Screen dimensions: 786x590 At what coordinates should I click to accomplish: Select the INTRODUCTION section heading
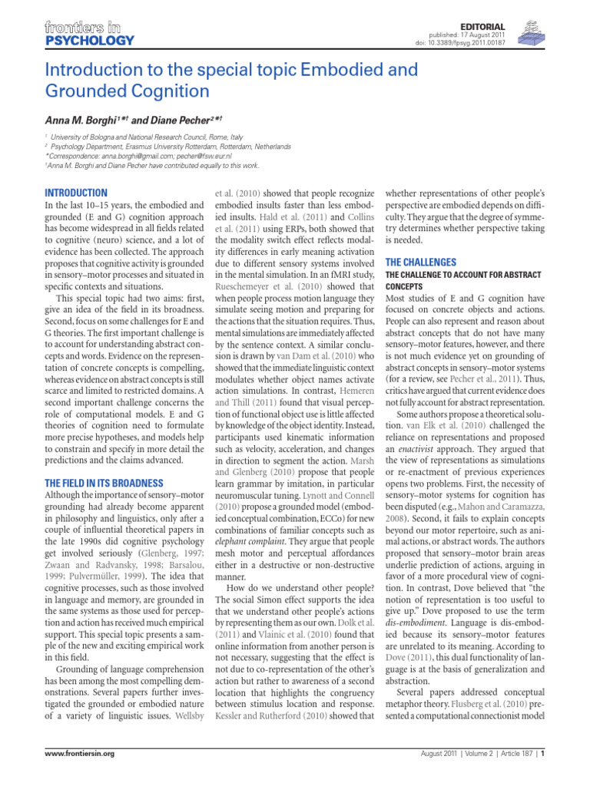(x=76, y=193)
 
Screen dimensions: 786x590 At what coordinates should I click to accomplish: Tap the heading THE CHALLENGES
(x=420, y=262)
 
